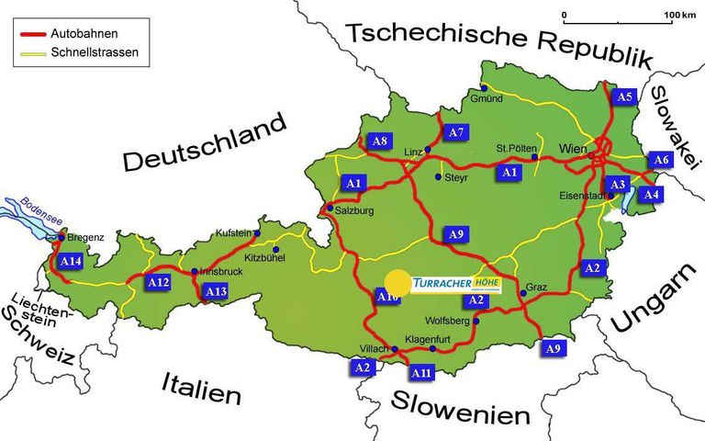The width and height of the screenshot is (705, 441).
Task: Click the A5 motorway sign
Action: [x=625, y=96]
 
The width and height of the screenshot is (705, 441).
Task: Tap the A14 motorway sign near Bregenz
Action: [x=71, y=262]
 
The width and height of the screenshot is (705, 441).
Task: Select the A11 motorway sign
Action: [x=421, y=373]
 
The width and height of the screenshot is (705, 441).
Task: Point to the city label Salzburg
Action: [x=358, y=211]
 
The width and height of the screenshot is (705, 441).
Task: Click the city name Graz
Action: [x=538, y=288]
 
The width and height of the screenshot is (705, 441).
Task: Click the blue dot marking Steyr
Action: [x=438, y=177]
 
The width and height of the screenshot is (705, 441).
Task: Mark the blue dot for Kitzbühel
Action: [x=275, y=248]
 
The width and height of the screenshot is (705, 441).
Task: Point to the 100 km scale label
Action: [x=682, y=16]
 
